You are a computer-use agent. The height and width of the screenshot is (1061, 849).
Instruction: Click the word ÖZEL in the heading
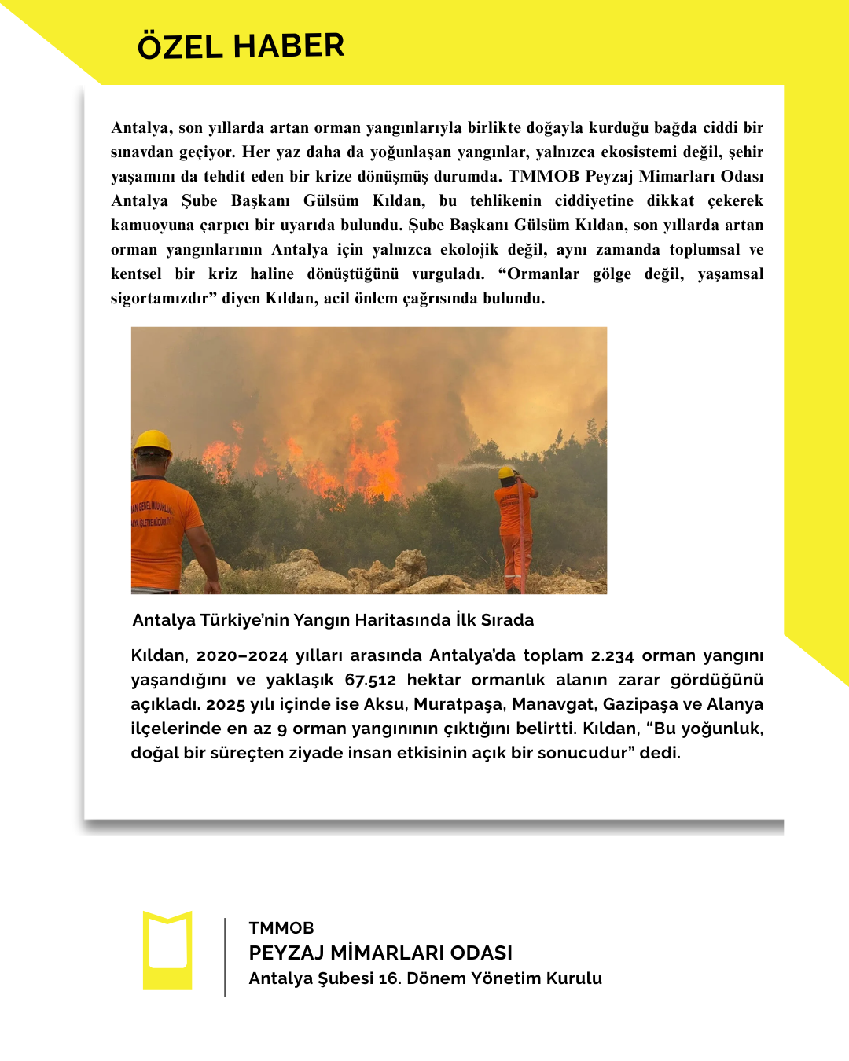[180, 46]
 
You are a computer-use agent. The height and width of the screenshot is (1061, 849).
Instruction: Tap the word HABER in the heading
[289, 46]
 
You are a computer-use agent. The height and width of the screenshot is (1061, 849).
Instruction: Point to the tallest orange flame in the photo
[388, 460]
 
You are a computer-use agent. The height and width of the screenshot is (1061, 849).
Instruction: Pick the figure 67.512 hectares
[370, 680]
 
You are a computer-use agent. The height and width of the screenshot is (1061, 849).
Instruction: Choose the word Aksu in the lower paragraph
[383, 704]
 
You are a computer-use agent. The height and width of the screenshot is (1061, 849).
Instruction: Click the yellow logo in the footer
[167, 950]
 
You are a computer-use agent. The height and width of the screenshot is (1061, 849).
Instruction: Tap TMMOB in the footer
[281, 928]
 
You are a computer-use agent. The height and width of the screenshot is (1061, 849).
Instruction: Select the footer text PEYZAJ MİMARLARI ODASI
[380, 953]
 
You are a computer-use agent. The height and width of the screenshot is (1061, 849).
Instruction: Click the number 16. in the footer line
[389, 978]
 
